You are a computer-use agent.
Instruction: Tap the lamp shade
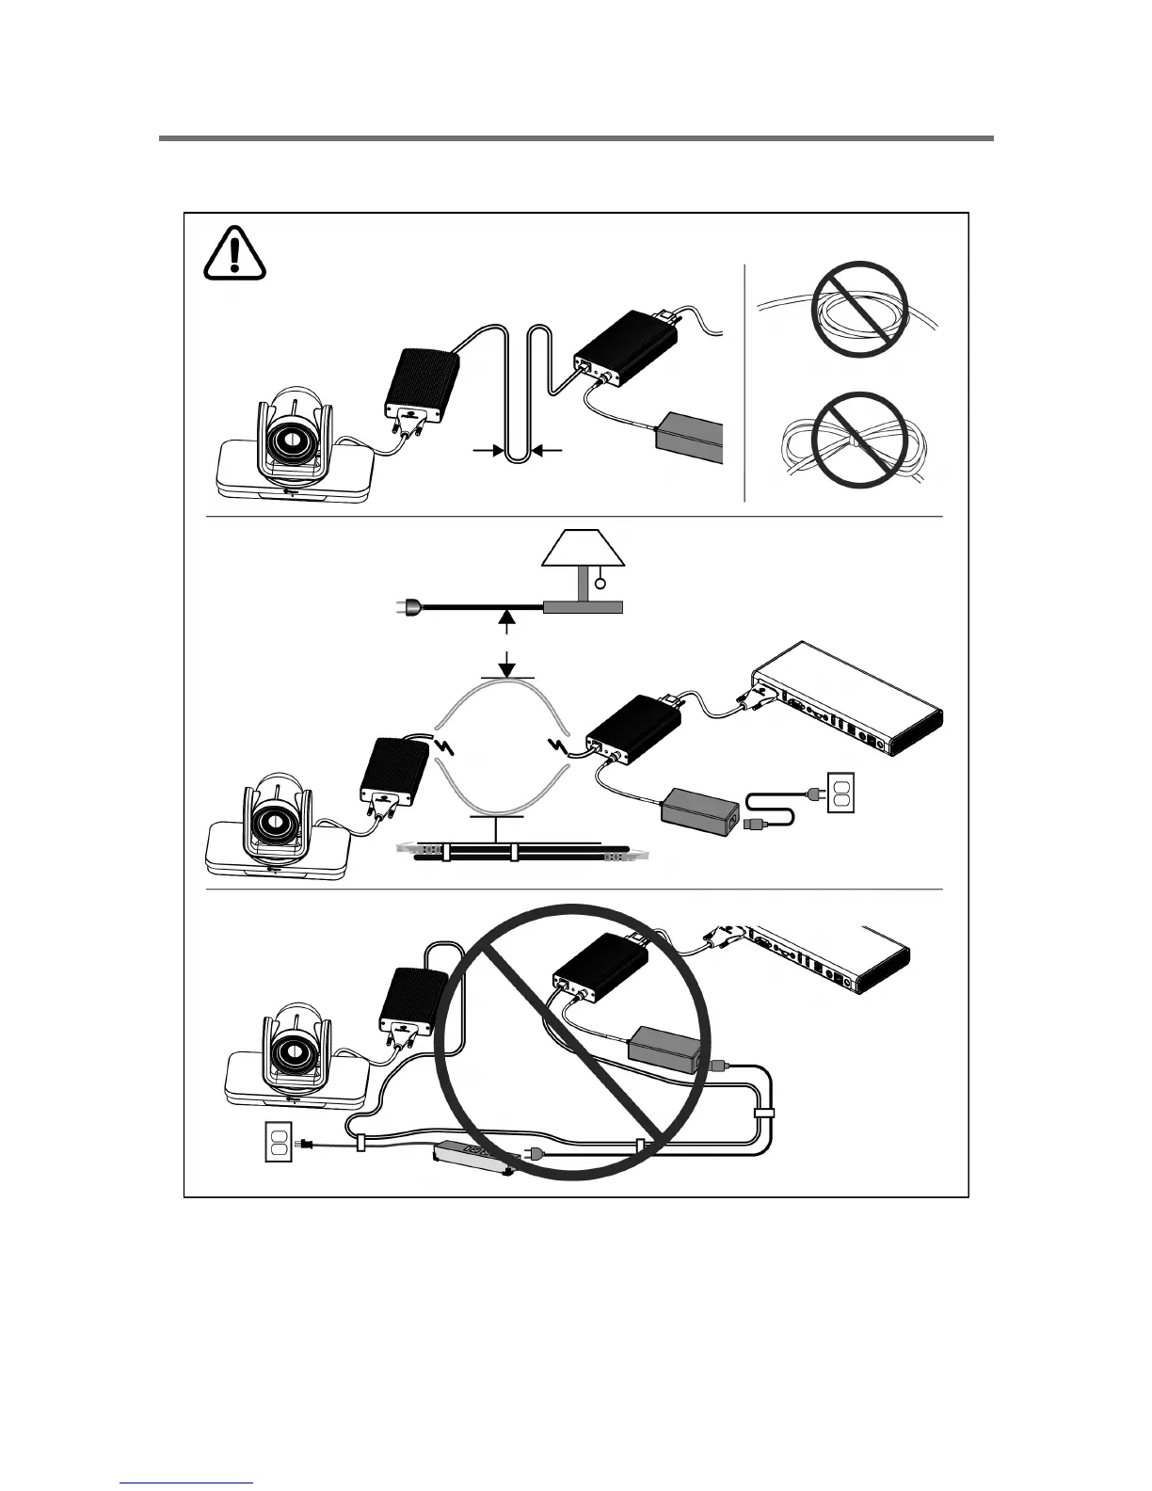(584, 548)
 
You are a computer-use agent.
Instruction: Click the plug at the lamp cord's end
(403, 608)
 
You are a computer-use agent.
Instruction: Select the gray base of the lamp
(583, 608)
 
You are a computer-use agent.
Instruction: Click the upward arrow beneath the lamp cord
(507, 620)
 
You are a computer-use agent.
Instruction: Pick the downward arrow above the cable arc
(507, 666)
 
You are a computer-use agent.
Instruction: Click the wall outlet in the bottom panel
(278, 1143)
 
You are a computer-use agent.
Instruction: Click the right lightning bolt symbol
(562, 748)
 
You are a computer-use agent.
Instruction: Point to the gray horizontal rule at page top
(576, 138)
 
